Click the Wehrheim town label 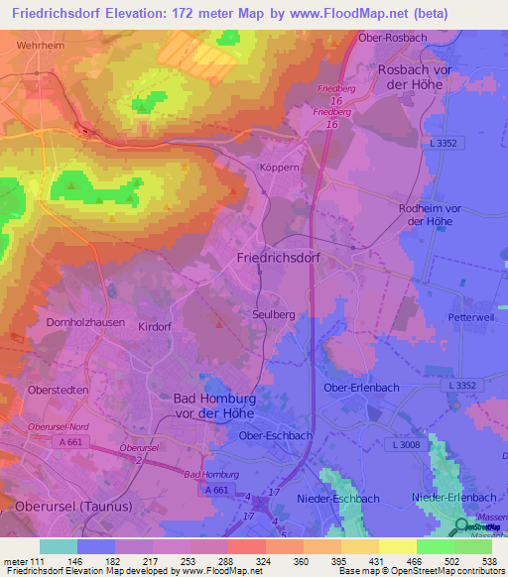40,46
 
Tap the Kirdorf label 156,326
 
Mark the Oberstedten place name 59,391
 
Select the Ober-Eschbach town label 277,435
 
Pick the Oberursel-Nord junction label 60,427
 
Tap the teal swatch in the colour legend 59,546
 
